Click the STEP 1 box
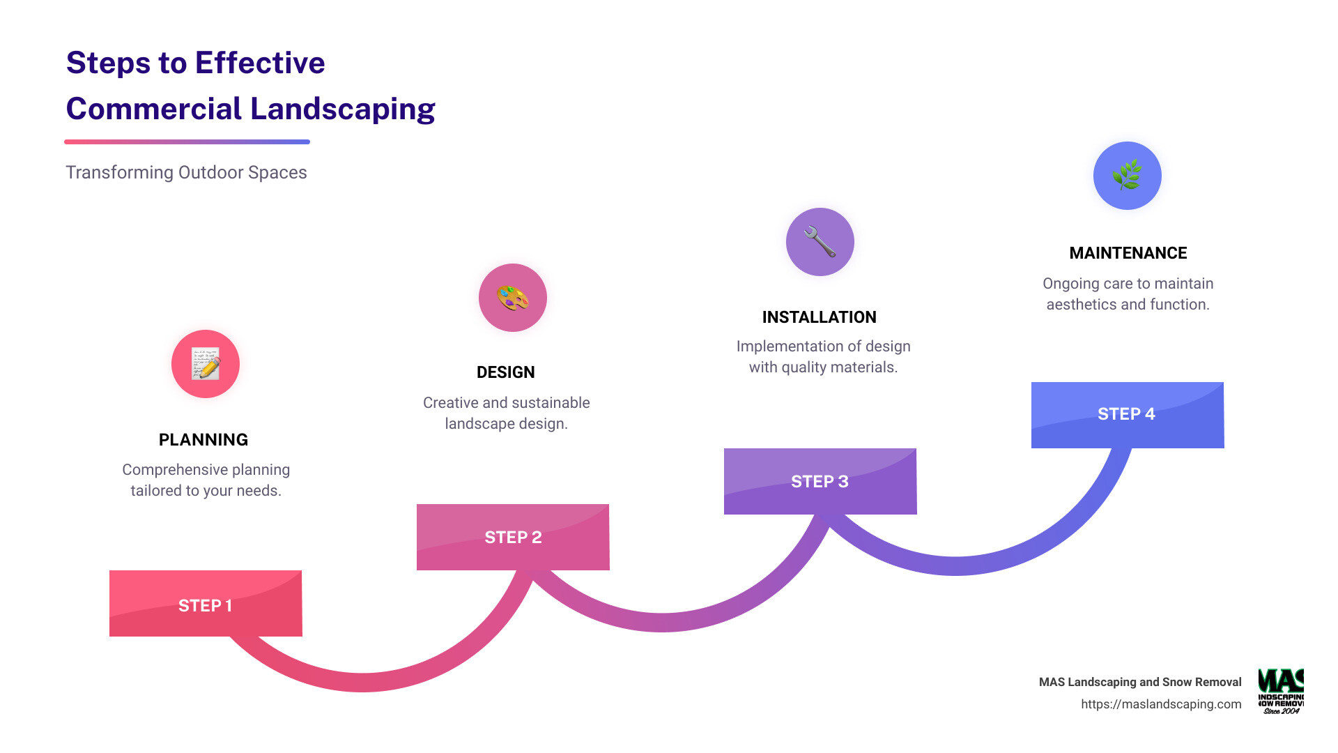click(206, 603)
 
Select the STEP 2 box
click(513, 537)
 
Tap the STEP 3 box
click(820, 481)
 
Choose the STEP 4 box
click(1128, 415)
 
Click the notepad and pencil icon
click(206, 364)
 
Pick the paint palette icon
click(513, 298)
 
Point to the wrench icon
click(820, 242)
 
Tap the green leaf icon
click(1128, 175)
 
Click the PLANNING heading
click(203, 440)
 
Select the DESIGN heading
click(506, 372)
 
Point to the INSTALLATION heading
click(820, 317)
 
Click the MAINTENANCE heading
click(1128, 253)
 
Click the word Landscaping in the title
click(343, 109)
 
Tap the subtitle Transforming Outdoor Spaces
click(186, 173)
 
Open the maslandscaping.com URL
click(1161, 704)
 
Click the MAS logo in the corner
click(1281, 691)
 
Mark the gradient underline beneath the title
click(187, 142)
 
